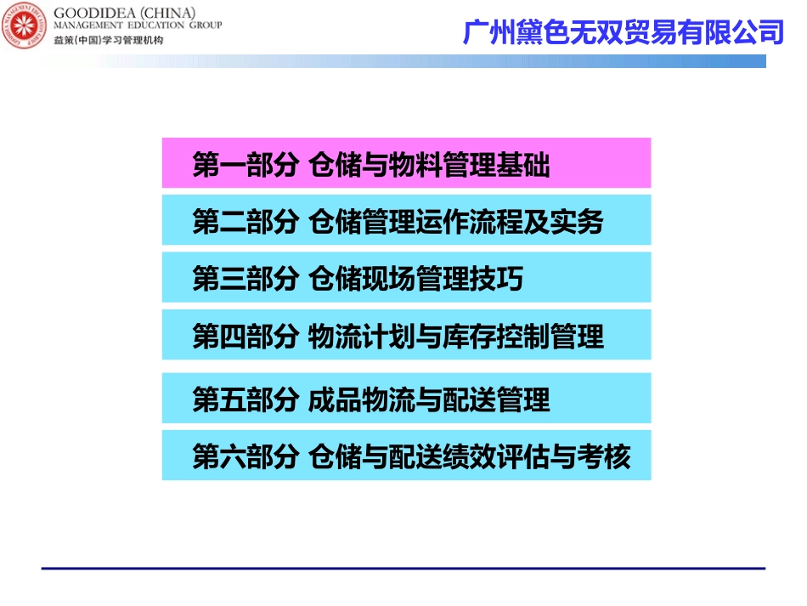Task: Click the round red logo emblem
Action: [x=25, y=26]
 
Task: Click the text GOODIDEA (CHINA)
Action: [x=124, y=13]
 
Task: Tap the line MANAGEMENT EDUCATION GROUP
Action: [x=137, y=26]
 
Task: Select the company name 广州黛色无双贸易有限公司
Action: [x=623, y=32]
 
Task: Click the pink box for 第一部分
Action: [x=406, y=163]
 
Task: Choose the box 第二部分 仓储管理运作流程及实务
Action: [x=406, y=220]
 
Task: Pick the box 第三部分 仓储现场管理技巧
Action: [x=406, y=277]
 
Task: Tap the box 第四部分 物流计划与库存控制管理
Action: [x=406, y=335]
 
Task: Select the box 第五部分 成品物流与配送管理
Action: [x=406, y=398]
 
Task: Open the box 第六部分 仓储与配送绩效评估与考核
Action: [x=406, y=456]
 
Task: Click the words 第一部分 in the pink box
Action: [x=245, y=165]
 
